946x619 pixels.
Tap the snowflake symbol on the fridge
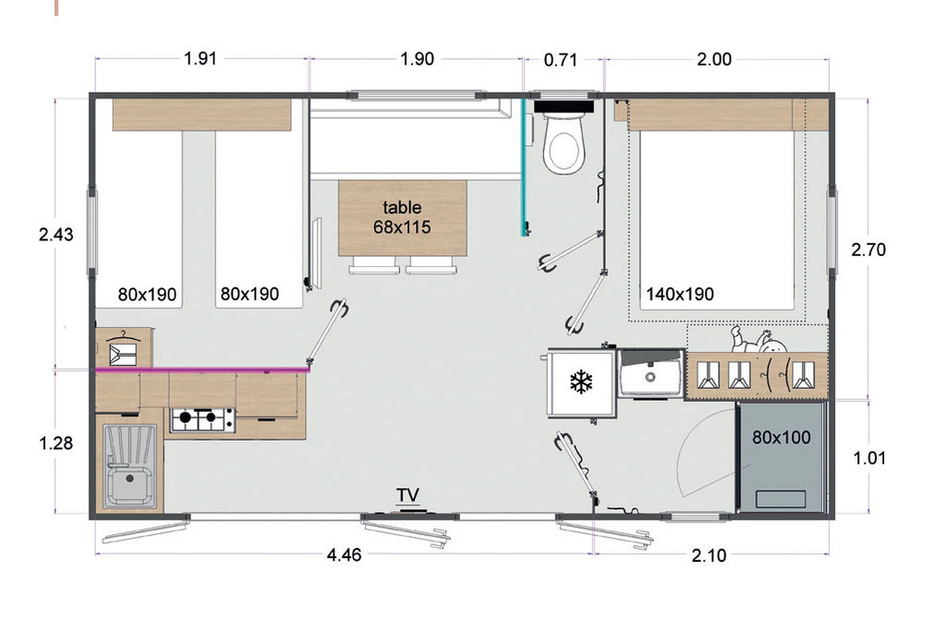pyautogui.click(x=581, y=382)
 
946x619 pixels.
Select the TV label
pyautogui.click(x=407, y=495)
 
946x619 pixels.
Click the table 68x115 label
pyautogui.click(x=402, y=217)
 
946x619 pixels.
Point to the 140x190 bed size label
pyautogui.click(x=680, y=295)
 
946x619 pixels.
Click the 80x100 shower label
pyautogui.click(x=782, y=437)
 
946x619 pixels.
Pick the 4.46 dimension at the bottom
pyautogui.click(x=344, y=555)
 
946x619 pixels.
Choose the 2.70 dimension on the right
pyautogui.click(x=868, y=249)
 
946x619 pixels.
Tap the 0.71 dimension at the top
pyautogui.click(x=561, y=60)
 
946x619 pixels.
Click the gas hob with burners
pyautogui.click(x=202, y=419)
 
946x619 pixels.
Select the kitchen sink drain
pyautogui.click(x=129, y=479)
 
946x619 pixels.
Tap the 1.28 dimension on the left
pyautogui.click(x=56, y=443)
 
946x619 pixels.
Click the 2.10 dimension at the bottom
pyautogui.click(x=709, y=555)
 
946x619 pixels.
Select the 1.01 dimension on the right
pyautogui.click(x=869, y=458)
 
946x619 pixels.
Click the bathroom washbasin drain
pyautogui.click(x=649, y=377)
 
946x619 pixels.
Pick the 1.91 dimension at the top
pyautogui.click(x=200, y=58)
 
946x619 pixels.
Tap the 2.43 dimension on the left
pyautogui.click(x=56, y=234)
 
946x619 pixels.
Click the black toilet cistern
pyautogui.click(x=564, y=107)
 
